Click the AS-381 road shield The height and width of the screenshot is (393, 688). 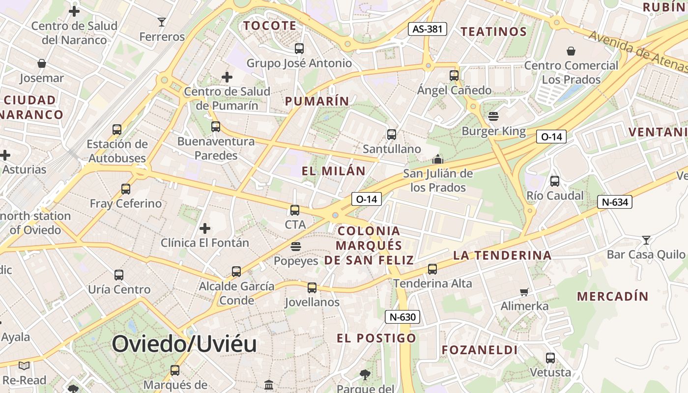[x=428, y=29]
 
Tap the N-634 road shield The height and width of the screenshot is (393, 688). [x=614, y=202]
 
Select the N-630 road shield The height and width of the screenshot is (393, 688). [x=402, y=317]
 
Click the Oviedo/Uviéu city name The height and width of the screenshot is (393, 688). [x=184, y=344]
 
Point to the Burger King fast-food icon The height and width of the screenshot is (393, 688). [x=493, y=116]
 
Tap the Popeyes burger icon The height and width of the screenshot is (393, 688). [x=296, y=246]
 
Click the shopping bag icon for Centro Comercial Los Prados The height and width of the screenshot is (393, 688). [x=571, y=51]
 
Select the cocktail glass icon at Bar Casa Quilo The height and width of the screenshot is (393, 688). [x=646, y=240]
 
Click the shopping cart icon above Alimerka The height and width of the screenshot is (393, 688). [x=524, y=292]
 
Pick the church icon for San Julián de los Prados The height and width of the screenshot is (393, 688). [x=437, y=159]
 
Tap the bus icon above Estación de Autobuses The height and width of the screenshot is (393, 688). [x=117, y=130]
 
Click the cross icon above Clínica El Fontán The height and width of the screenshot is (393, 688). [x=205, y=228]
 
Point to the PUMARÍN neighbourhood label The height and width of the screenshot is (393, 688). [x=317, y=101]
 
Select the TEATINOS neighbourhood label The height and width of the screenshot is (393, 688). [x=493, y=31]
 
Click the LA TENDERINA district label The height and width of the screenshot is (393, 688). [x=502, y=255]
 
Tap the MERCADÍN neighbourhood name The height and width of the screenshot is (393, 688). [x=612, y=296]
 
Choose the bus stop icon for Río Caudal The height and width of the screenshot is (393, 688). [x=555, y=181]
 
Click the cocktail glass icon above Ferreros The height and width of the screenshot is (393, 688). [x=161, y=22]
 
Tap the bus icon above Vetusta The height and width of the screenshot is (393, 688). [x=550, y=358]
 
